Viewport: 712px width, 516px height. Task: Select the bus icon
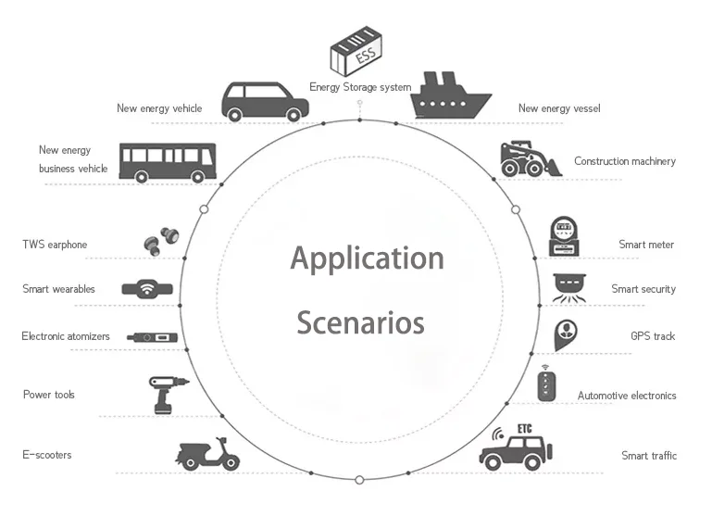167,163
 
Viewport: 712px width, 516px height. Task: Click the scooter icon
208,453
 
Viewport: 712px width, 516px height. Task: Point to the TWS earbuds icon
158,240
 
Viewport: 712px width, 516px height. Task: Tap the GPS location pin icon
567,334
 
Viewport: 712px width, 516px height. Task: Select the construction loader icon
529,159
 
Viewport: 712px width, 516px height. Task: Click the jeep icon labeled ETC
517,447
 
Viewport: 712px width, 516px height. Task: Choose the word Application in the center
367,258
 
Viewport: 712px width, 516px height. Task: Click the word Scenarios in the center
360,323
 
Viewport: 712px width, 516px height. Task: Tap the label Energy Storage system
360,88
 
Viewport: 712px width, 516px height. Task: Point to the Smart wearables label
58,289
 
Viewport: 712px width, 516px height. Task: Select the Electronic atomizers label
66,336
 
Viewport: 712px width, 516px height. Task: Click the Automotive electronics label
627,396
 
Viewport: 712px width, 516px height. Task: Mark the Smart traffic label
648,455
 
